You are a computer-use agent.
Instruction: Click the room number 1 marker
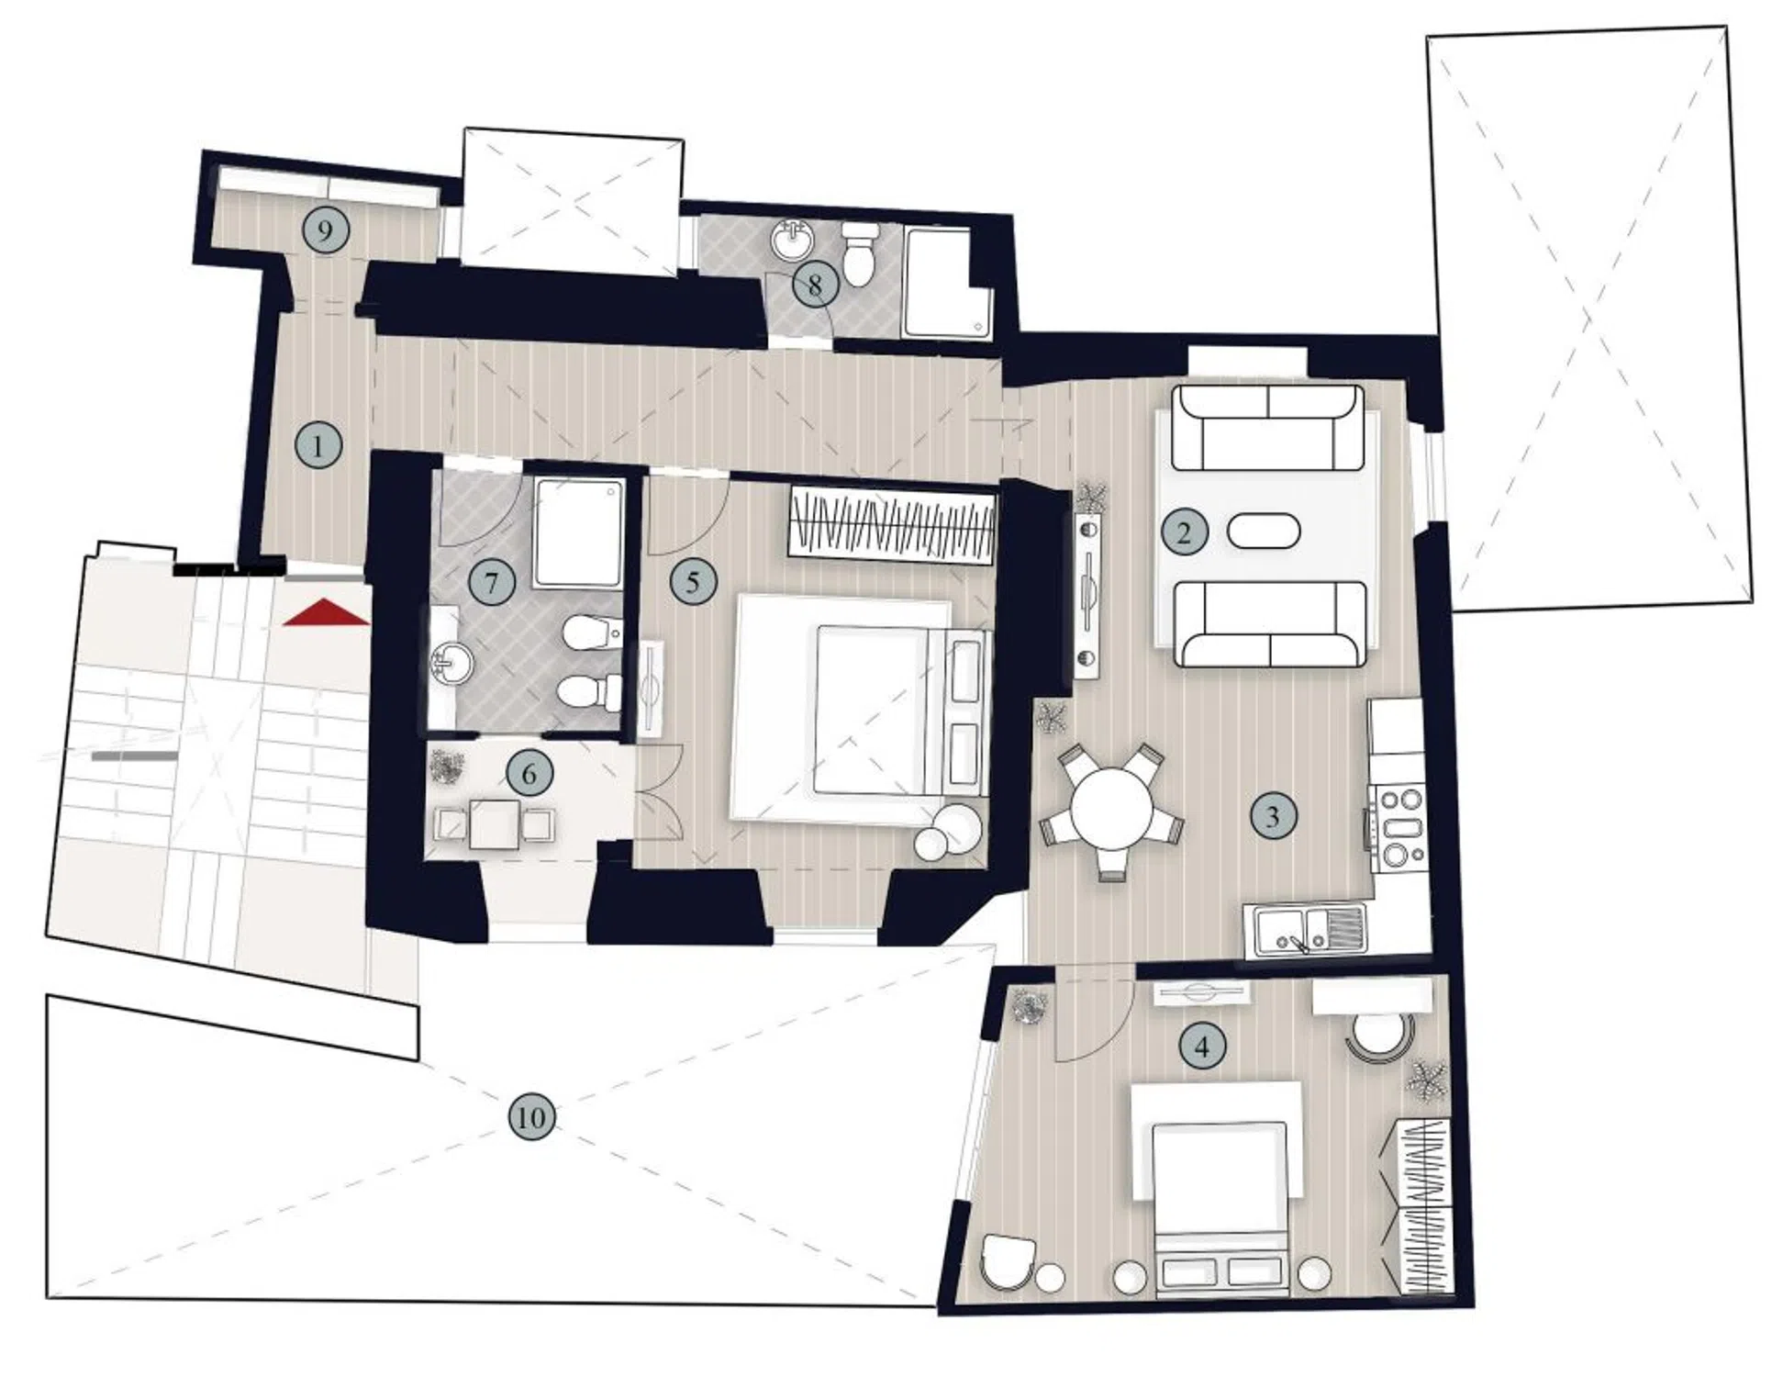pyautogui.click(x=318, y=446)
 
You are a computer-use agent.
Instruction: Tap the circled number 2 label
pyautogui.click(x=1184, y=532)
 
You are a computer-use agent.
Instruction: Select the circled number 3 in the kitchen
pyautogui.click(x=1272, y=815)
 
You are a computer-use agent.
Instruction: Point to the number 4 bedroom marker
pyautogui.click(x=1203, y=1046)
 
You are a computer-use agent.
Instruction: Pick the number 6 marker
pyautogui.click(x=529, y=774)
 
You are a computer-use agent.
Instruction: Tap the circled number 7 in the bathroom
pyautogui.click(x=491, y=582)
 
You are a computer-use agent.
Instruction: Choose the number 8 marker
pyautogui.click(x=815, y=285)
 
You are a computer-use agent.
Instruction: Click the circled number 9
pyautogui.click(x=325, y=229)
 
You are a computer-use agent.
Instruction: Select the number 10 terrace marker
pyautogui.click(x=531, y=1117)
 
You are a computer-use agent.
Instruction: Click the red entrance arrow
pyautogui.click(x=326, y=612)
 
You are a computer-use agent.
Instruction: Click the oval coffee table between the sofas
pyautogui.click(x=1263, y=532)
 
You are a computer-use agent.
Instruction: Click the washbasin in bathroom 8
pyautogui.click(x=792, y=241)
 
